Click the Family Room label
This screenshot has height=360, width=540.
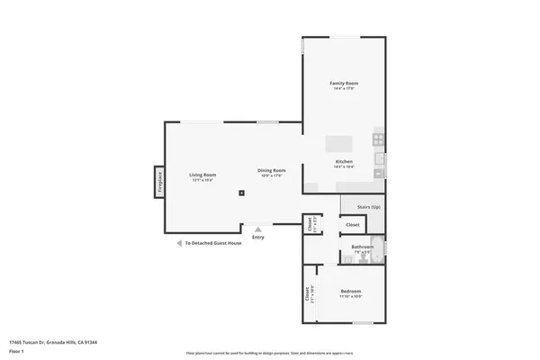346,83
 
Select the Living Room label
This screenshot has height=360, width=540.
202,175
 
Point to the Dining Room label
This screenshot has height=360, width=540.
272,170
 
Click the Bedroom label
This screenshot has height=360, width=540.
351,291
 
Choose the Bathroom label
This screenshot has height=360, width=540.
363,247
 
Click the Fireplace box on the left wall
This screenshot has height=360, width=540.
159,182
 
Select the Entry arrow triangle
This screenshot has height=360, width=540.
258,229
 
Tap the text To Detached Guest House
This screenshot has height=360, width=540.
213,243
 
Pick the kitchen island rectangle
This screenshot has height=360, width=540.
339,144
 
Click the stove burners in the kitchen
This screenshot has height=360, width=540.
379,139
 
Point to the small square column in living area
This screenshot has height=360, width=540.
241,192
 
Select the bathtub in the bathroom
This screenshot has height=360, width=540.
378,247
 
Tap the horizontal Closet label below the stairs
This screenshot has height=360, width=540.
353,224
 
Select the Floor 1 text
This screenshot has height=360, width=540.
17,351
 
